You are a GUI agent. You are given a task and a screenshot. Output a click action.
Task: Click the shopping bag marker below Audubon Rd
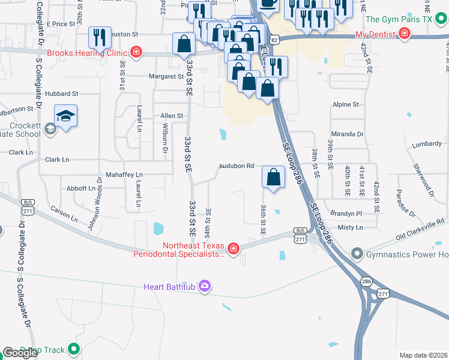point(273,178)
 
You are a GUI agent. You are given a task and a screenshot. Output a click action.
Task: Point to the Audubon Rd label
point(237,166)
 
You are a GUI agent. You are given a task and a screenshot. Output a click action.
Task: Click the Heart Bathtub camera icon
point(205,286)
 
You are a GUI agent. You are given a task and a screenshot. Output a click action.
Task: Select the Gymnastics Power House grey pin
point(358,254)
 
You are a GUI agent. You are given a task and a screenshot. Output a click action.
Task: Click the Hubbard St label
point(62,94)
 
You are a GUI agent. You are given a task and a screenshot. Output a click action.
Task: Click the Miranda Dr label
point(348,134)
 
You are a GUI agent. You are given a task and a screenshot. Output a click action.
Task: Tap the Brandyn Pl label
point(346,213)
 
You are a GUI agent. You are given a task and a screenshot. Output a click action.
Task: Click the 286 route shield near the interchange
point(366,281)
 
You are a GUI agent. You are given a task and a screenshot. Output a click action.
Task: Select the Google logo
point(20,353)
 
